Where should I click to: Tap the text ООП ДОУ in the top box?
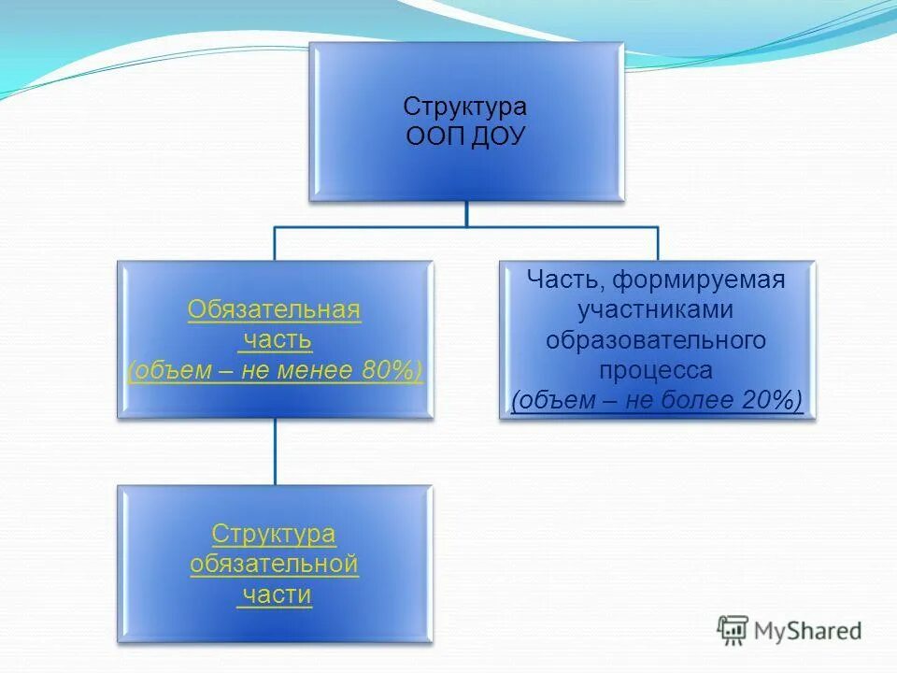tap(466, 136)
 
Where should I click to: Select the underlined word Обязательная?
tap(274, 310)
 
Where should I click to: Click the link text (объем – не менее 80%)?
tap(274, 370)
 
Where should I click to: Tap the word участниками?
tap(656, 309)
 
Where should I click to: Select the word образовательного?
tap(656, 339)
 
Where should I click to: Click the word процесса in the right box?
tap(656, 369)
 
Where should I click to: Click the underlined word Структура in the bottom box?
tap(274, 535)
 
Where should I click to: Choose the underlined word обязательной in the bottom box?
tap(274, 565)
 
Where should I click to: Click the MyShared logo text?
tap(808, 631)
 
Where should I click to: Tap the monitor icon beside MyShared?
tap(733, 630)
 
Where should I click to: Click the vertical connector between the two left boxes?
tap(275, 451)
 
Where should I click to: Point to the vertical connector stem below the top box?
tap(466, 213)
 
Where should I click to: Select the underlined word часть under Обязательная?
tap(277, 340)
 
